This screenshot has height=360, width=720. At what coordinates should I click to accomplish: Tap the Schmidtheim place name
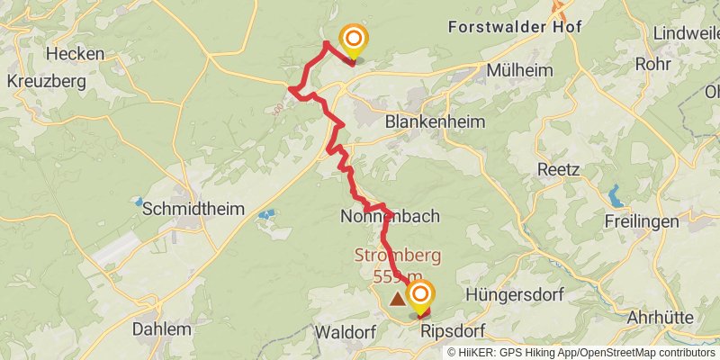pos(193,209)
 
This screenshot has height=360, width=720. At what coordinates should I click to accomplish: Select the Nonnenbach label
pos(390,217)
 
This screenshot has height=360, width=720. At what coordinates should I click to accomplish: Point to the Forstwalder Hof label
pos(515,27)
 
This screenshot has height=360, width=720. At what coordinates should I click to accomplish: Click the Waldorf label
pos(345,332)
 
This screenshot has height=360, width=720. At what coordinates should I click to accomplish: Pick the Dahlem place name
pos(161,329)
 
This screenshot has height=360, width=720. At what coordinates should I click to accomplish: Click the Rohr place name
pos(653,64)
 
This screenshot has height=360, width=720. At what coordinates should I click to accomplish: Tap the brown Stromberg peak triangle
pos(397,297)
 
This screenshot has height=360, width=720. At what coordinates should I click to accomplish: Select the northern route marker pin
pos(354,39)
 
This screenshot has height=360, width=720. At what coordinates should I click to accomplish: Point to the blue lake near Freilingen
pos(616,194)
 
